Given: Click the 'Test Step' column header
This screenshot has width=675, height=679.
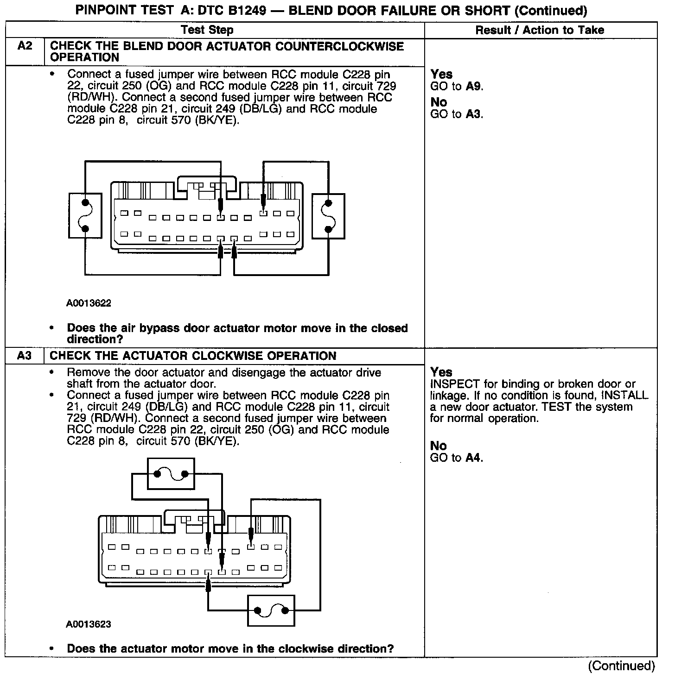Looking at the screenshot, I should (207, 30).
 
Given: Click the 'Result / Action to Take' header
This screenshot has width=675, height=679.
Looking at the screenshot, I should (540, 30).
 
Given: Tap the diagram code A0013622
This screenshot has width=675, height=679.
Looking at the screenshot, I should (89, 303).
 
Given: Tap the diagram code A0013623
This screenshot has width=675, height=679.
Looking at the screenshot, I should (89, 624).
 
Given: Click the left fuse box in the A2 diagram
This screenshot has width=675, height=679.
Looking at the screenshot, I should (85, 216).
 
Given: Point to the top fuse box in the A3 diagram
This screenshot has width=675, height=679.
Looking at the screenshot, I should (171, 473).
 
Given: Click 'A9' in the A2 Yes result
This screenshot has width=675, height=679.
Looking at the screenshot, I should (473, 86).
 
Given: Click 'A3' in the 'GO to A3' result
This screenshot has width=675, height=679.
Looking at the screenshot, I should (473, 114).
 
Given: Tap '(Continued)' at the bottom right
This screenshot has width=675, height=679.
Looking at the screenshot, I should (621, 666).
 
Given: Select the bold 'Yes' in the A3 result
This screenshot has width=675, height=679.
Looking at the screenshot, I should (441, 372).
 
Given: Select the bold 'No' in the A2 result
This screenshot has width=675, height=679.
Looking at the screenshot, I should (439, 102).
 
